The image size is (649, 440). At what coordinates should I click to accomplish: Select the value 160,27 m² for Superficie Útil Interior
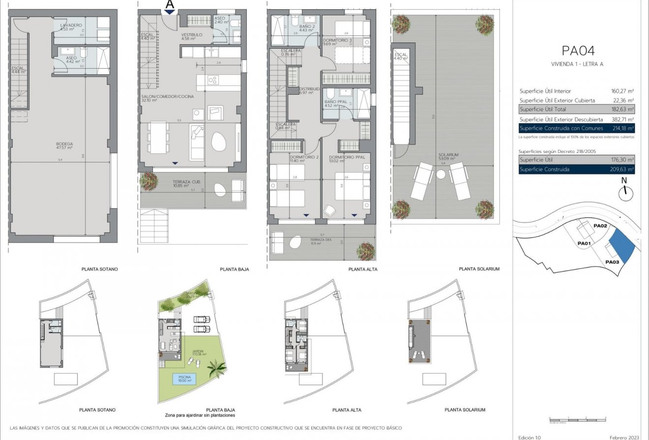(x=621, y=91)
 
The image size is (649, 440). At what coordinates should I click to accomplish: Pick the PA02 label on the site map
(x=601, y=226)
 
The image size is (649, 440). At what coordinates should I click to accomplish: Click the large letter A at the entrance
(x=170, y=5)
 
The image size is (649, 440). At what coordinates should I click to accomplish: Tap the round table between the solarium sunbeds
(x=441, y=174)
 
